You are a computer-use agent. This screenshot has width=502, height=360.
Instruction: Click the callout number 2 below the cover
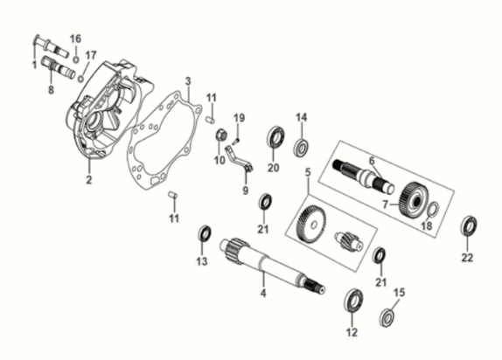[88, 180]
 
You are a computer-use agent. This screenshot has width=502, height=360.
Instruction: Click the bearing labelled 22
[468, 225]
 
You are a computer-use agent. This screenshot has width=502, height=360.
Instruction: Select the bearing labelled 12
[353, 299]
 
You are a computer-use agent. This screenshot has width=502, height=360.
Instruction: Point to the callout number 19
[237, 117]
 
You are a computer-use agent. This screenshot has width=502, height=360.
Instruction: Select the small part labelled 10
[222, 134]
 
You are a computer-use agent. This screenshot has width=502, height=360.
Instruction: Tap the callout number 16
[75, 38]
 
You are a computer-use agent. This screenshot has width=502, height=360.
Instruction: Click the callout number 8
[51, 89]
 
